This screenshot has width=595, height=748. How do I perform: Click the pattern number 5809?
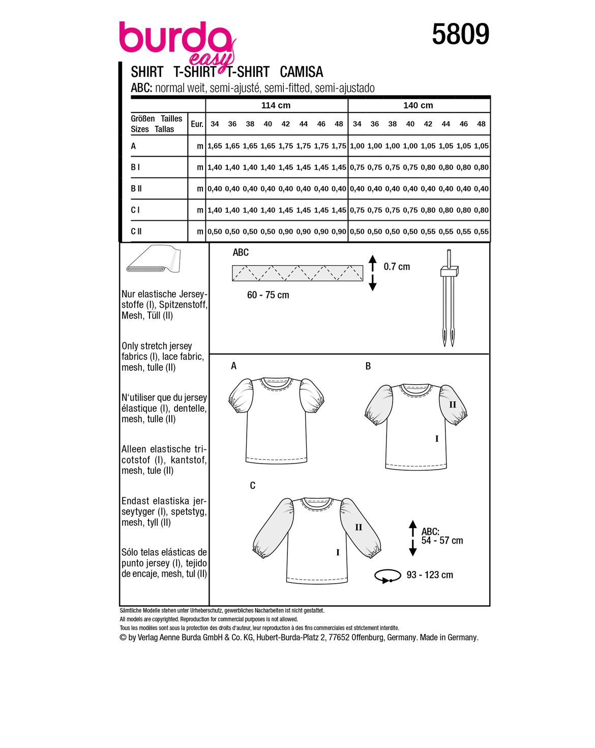pos(460,35)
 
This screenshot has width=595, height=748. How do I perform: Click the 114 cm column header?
pos(276,105)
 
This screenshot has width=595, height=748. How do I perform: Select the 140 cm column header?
pos(418,105)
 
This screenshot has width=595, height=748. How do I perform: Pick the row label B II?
pos(136,189)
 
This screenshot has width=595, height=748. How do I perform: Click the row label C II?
pos(136,232)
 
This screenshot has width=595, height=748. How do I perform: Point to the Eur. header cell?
pos(197,124)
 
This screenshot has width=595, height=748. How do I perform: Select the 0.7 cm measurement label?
pos(397,267)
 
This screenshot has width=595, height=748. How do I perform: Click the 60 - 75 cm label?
pos(268,295)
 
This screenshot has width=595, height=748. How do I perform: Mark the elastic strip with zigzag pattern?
pos(297,273)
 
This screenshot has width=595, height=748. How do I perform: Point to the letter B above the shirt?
pos(368,366)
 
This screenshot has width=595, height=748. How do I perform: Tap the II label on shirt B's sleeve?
pos(453,405)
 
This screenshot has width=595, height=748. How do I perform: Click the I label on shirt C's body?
pos(338,553)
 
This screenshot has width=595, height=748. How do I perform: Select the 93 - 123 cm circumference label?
pos(430,575)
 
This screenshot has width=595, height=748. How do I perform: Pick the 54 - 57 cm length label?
pos(441,540)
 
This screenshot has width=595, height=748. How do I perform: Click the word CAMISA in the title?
pos(302,72)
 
